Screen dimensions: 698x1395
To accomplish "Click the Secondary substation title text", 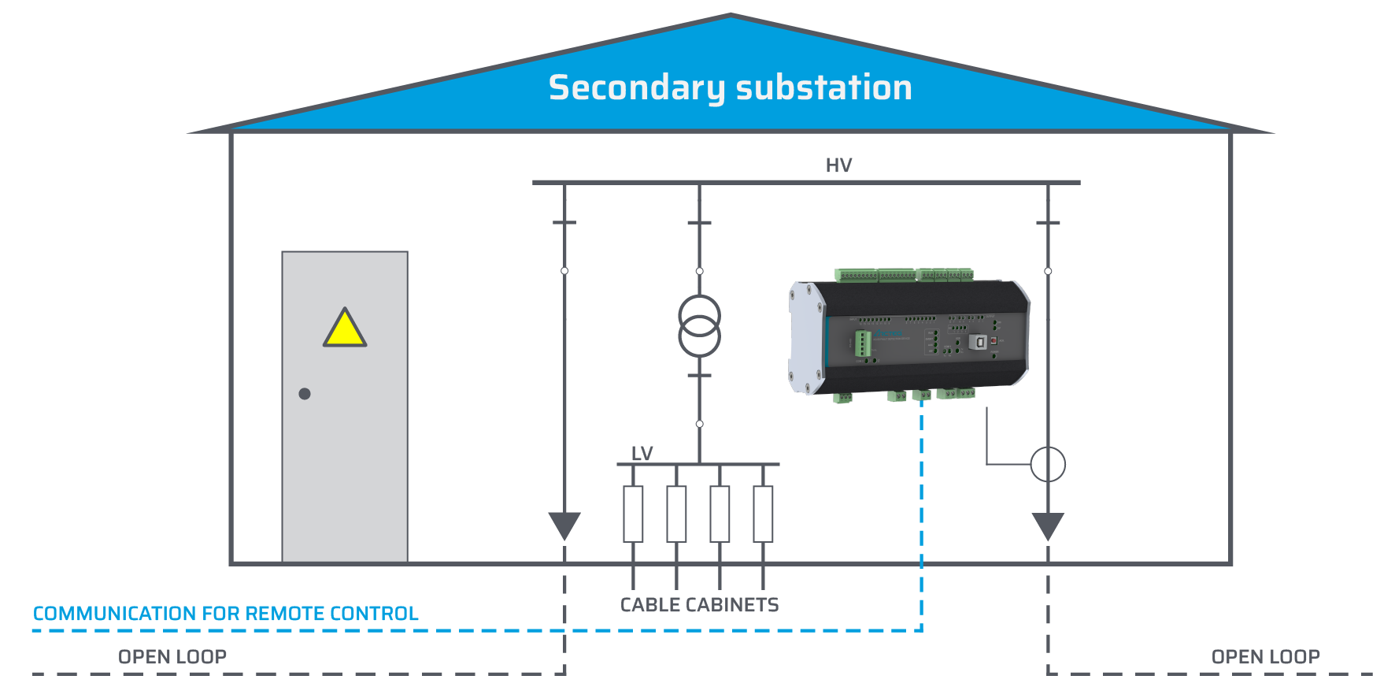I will (730, 87).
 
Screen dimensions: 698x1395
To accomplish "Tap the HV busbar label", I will (838, 165).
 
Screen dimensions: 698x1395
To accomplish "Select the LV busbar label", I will (642, 454).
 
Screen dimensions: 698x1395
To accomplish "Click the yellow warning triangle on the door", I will (345, 329).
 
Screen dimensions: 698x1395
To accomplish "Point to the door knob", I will (305, 394).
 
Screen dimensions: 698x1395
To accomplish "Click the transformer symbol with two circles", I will (699, 325).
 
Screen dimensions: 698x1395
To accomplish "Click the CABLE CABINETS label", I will (699, 605).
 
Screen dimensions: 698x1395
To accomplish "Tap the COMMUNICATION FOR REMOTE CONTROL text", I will (225, 614).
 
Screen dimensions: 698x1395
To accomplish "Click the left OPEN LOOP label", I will (172, 657).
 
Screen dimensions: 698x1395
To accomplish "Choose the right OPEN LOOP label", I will (1265, 657).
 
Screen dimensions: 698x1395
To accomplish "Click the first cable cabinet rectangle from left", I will (633, 514).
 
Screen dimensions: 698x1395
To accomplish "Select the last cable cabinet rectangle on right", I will (763, 514).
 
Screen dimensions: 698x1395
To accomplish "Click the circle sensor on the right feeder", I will (1048, 464).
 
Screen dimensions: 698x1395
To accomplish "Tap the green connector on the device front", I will (863, 343).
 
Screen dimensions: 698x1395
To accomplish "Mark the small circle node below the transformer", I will (699, 424).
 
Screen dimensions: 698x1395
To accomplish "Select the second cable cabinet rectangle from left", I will (676, 514).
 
